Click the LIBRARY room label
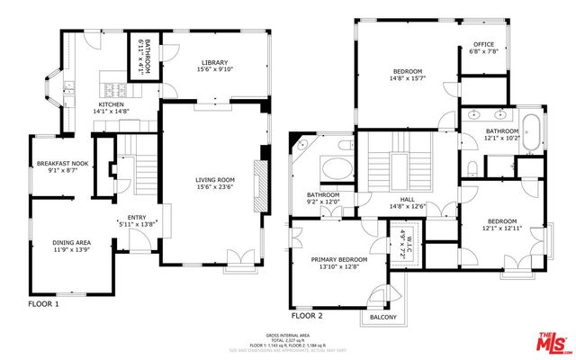[215, 63]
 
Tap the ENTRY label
[137, 217]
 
